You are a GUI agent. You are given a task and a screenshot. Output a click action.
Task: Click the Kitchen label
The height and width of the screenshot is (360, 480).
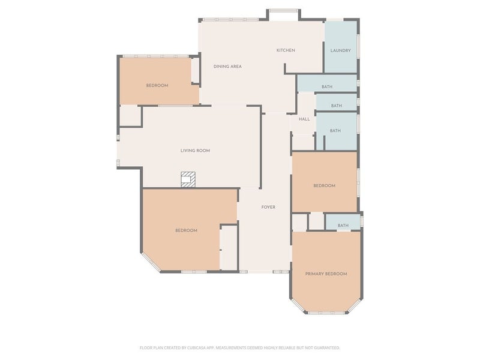286,50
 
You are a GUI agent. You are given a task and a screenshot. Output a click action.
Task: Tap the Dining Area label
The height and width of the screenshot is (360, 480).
227,67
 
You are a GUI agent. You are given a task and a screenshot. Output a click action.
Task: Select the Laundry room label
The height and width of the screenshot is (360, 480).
340,50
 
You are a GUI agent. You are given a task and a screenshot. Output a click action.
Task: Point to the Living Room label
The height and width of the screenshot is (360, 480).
195,151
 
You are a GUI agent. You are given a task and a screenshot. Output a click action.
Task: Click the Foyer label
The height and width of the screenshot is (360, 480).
268,207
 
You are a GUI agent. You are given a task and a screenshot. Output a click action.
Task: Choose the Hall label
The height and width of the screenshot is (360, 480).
304,119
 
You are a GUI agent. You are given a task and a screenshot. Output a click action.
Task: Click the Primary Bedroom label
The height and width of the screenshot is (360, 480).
326,274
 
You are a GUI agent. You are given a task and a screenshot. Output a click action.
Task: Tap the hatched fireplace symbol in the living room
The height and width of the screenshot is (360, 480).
188,179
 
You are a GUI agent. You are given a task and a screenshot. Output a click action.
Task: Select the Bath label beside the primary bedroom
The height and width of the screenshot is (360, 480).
343,226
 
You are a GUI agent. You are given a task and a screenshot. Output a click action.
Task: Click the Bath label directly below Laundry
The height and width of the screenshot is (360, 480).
327,87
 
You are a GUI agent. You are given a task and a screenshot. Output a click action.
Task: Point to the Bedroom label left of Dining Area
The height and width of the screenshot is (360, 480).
157,86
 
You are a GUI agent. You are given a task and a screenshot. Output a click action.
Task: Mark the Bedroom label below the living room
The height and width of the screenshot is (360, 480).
186,230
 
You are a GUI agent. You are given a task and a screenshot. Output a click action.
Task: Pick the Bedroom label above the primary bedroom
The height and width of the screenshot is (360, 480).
324,186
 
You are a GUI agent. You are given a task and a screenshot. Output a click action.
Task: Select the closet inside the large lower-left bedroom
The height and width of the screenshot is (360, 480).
229,247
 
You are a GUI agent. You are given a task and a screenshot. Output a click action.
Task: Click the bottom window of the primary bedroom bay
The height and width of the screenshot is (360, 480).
326,313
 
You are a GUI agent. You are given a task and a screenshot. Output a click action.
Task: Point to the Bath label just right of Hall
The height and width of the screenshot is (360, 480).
335,131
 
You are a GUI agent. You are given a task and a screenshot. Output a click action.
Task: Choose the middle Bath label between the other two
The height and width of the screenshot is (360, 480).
337,106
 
